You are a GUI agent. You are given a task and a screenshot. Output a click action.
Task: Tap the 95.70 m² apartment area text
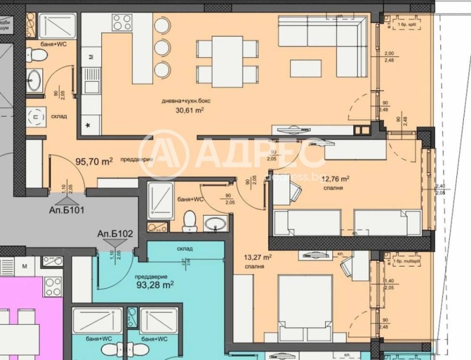[x=94, y=160]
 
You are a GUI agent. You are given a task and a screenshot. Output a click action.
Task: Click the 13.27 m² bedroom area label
[x=257, y=257]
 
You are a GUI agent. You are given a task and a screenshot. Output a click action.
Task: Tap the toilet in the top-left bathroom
[x=38, y=55]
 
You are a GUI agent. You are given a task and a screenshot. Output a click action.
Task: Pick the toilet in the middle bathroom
[x=189, y=221]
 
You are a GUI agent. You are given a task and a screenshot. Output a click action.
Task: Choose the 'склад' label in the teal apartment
[x=184, y=249]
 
